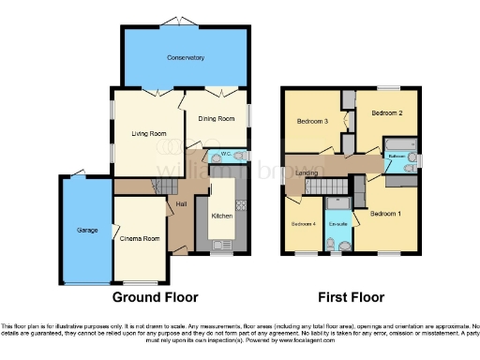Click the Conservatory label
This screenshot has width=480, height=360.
coord(186,58)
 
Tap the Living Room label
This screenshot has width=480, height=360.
coord(148,133)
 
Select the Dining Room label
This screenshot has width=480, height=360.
coord(216,117)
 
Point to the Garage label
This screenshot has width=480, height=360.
coord(74,229)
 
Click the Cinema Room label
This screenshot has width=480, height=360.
coord(140,238)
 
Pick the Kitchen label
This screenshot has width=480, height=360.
coord(221,216)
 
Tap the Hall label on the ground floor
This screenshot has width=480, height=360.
coord(183,202)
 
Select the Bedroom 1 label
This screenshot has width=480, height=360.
coord(385,214)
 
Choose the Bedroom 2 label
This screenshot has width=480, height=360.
coord(386,113)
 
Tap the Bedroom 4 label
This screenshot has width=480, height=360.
coord(302,224)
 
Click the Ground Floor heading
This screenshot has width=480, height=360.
coord(155,297)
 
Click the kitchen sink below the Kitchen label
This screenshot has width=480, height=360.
coord(222,246)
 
